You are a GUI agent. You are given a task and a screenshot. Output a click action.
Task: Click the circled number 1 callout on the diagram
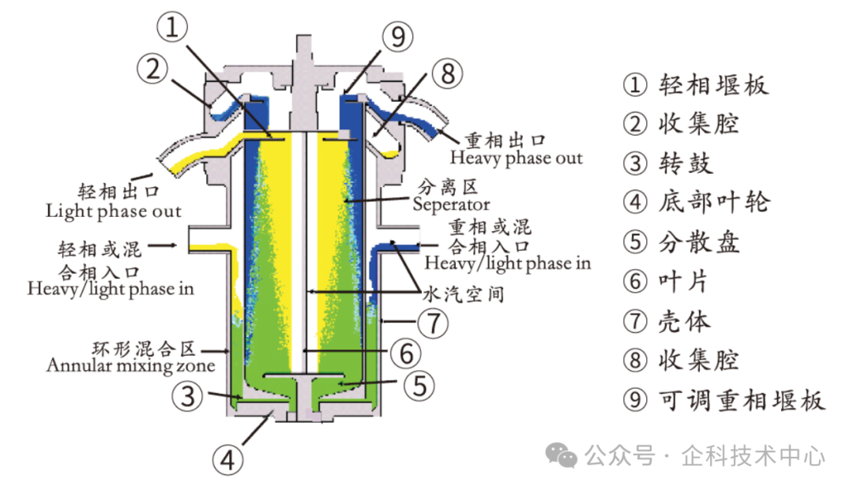point(178,30)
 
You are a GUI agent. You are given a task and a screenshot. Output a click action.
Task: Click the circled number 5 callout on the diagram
point(420,385)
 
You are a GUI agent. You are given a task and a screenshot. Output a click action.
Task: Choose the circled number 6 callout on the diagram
point(404,352)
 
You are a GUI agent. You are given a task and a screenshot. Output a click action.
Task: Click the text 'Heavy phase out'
point(516,158)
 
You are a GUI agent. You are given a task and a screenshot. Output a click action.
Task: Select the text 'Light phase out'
point(113,211)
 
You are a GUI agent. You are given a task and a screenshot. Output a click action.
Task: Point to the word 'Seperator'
point(451,204)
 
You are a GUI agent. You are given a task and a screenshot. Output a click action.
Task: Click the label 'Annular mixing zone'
point(130,365)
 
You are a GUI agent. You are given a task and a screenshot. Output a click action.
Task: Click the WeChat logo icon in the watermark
point(564,454)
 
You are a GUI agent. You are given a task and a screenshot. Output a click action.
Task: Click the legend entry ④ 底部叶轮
point(696,202)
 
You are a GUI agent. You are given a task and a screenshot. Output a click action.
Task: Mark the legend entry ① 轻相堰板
point(695,84)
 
